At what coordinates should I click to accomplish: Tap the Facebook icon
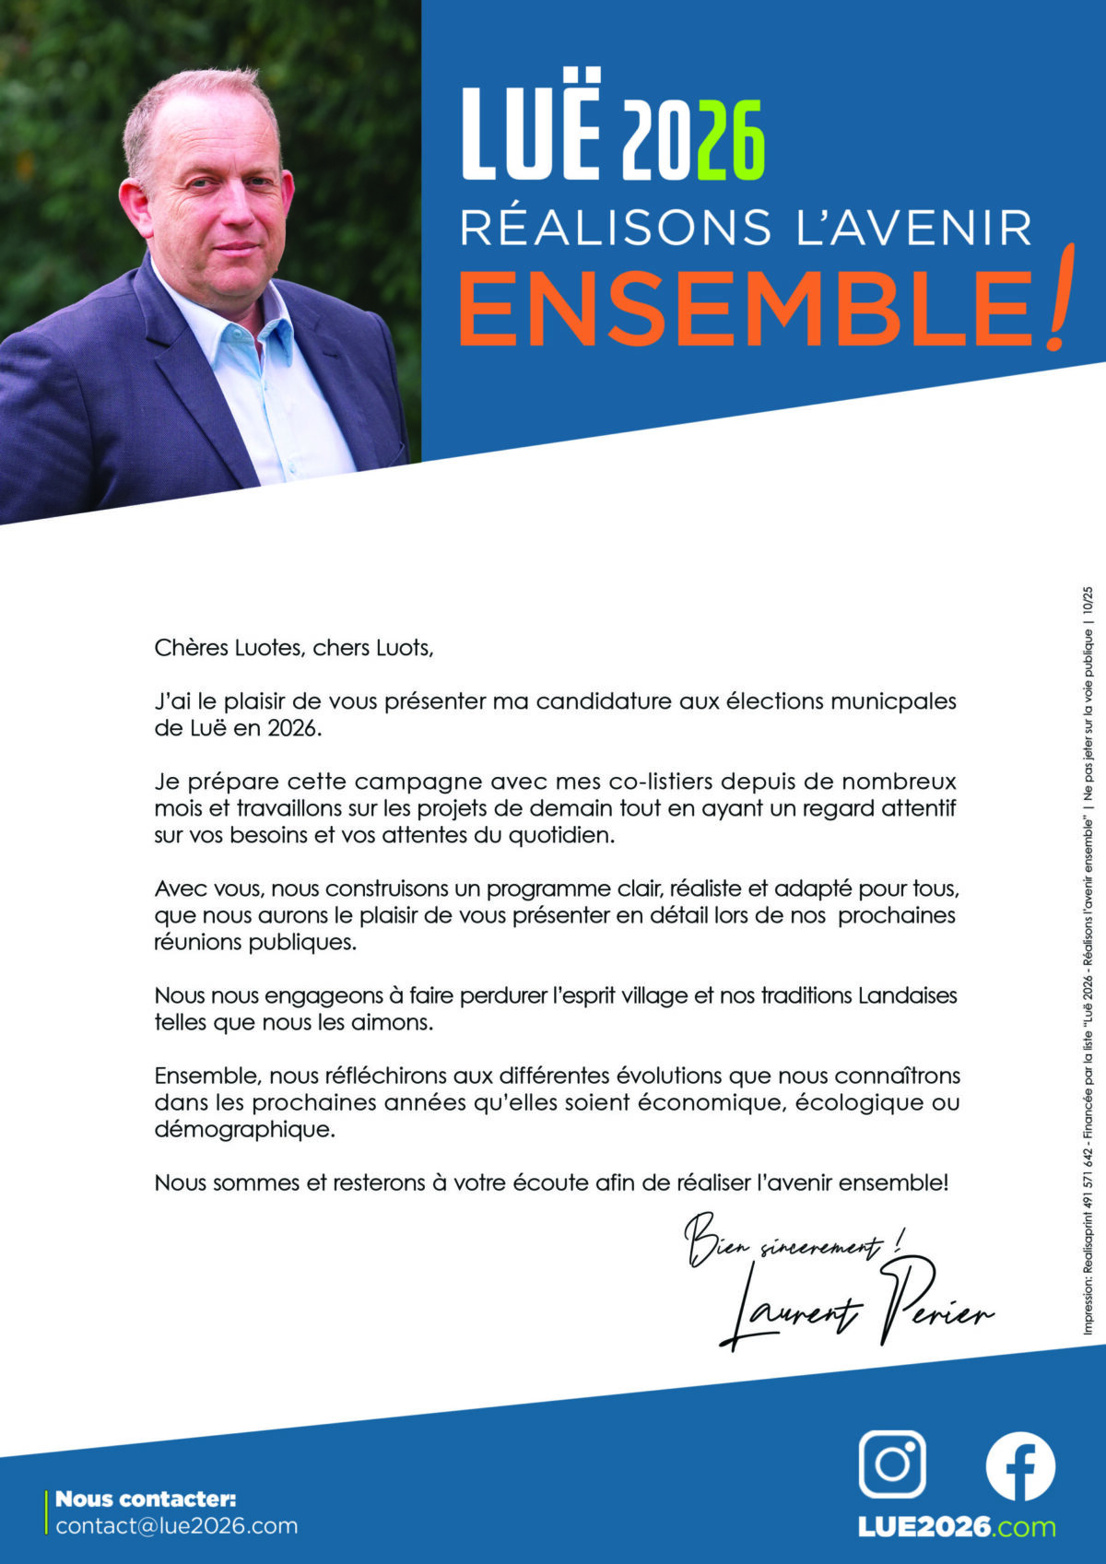click(1020, 1465)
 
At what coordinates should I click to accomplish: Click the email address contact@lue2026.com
click(177, 1525)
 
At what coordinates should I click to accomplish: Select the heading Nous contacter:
click(146, 1499)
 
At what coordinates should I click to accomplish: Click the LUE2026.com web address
click(957, 1527)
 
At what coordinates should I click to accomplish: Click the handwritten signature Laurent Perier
click(857, 1309)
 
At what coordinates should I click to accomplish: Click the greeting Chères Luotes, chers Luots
click(294, 648)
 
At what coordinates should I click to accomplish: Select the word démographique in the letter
click(244, 1129)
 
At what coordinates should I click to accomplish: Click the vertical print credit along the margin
click(1088, 958)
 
